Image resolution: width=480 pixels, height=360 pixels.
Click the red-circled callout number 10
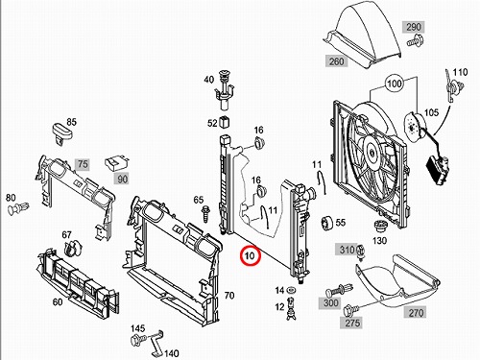pos(250,255)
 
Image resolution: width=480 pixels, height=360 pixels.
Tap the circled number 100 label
pos(394,84)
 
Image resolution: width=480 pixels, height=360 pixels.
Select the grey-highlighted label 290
pos(414,27)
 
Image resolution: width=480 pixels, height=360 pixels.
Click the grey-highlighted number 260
pos(336,60)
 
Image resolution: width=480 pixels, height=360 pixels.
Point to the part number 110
pos(460,72)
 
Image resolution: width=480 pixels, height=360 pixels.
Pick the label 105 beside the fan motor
pos(431,112)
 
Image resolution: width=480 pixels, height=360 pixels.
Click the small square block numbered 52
pos(225,122)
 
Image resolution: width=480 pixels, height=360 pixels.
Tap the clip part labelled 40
pos(225,89)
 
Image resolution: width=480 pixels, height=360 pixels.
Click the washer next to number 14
pos(291,290)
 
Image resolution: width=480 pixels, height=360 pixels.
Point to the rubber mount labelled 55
pos(327,223)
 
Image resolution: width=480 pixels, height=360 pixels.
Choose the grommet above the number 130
pos(380,227)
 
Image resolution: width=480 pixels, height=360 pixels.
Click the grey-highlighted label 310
pos(346,250)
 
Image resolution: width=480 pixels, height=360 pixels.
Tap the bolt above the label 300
pos(339,290)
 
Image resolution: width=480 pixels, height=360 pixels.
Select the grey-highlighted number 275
pos(352,323)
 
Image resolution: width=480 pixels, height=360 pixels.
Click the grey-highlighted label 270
pos(416,312)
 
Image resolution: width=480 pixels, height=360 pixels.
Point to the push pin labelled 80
pos(18,208)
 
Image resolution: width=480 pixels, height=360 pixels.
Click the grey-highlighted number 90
pos(122,179)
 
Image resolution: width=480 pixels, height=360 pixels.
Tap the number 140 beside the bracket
pos(172,353)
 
